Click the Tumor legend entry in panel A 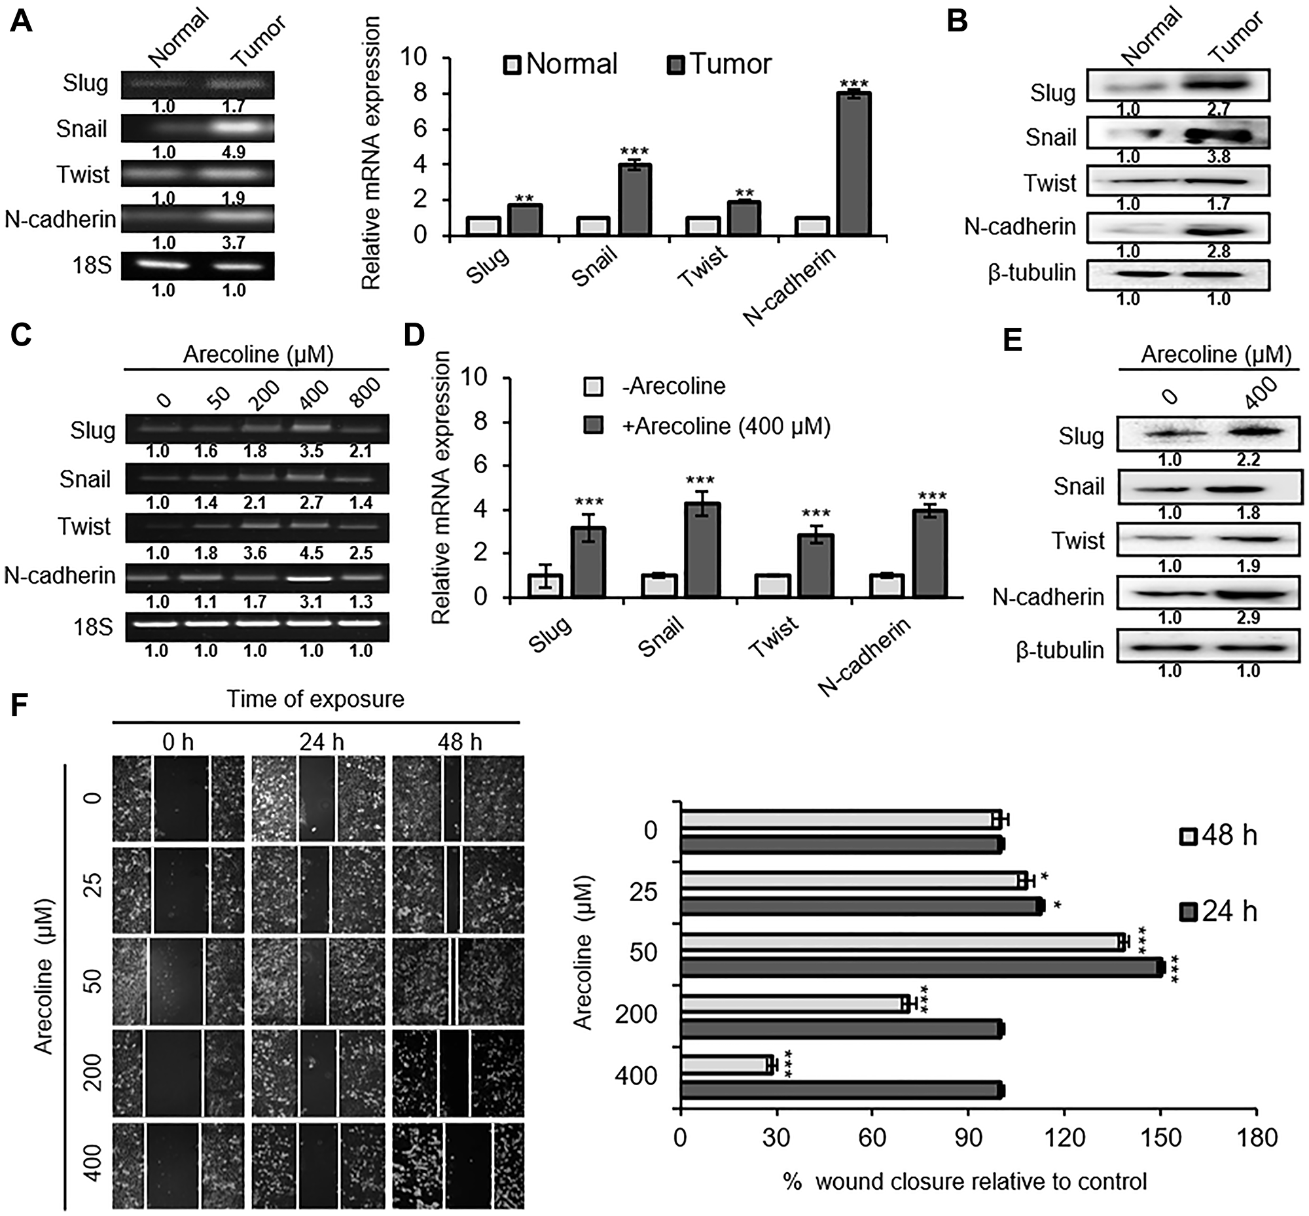click(x=720, y=65)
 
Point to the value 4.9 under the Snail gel click(x=233, y=152)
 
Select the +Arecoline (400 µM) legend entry click(x=708, y=427)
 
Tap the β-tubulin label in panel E click(x=1060, y=650)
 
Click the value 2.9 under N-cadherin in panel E click(x=1247, y=618)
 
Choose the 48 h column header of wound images click(x=459, y=742)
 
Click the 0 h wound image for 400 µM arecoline click(x=177, y=1166)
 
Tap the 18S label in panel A click(x=93, y=266)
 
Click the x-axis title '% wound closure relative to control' click(x=965, y=1181)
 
